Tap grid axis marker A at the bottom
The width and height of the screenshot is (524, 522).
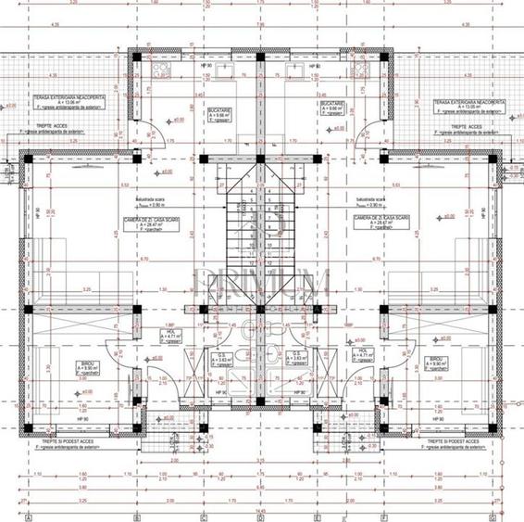29,516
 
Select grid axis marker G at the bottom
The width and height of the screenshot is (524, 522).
496,516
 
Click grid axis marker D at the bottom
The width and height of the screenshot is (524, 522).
261,516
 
